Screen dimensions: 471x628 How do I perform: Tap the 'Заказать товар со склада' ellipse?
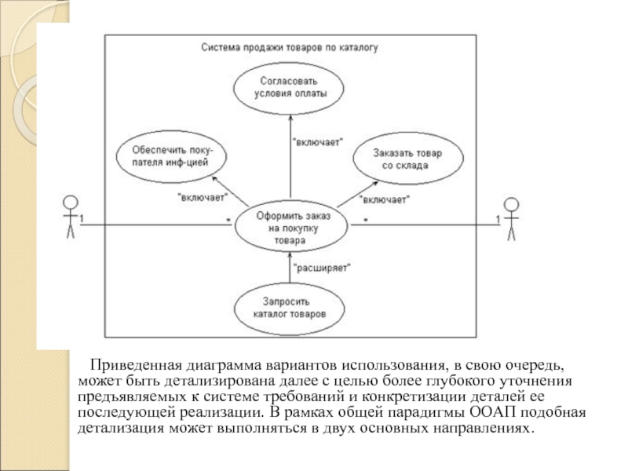point(407,159)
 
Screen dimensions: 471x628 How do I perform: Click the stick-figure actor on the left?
point(70,216)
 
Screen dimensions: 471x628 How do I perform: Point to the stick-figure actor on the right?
point(511,217)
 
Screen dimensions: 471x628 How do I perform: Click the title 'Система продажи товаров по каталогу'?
point(289,47)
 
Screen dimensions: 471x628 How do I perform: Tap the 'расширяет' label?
point(321,267)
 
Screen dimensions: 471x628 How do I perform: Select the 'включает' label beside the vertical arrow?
point(317,142)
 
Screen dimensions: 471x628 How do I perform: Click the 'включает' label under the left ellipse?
point(203,196)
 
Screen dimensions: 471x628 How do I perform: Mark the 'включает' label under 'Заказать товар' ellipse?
point(386,199)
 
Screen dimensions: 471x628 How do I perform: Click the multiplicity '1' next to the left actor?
point(82,217)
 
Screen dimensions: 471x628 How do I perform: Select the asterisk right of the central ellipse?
point(366,219)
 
